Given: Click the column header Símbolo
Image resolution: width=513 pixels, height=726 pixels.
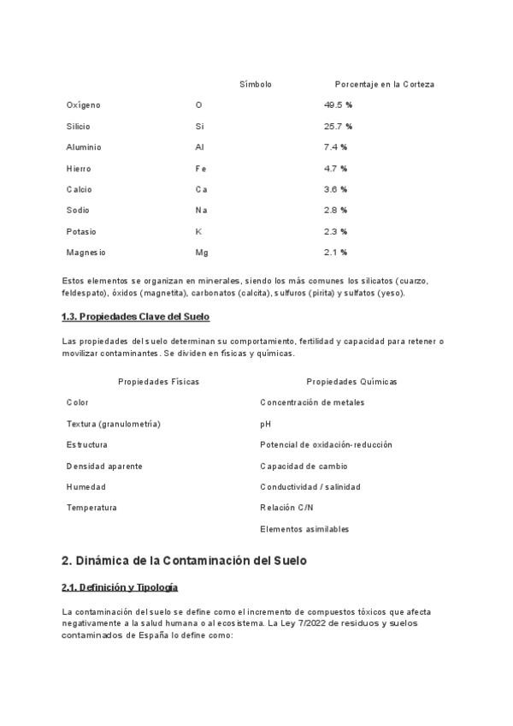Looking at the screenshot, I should pyautogui.click(x=256, y=85).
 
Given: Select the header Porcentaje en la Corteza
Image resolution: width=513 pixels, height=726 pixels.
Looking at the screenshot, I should pyautogui.click(x=384, y=85).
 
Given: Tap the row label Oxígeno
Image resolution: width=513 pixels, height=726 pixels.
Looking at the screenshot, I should pyautogui.click(x=83, y=105).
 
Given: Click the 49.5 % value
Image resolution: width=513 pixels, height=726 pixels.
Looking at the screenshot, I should pyautogui.click(x=338, y=105).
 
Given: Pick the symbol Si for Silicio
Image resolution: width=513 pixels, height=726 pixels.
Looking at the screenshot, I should pyautogui.click(x=199, y=126).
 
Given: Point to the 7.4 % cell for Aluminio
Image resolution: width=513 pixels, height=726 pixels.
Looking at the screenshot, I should pyautogui.click(x=335, y=147).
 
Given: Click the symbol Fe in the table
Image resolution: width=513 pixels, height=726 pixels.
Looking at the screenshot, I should pyautogui.click(x=200, y=169).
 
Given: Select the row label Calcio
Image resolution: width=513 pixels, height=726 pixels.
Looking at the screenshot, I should pyautogui.click(x=79, y=189).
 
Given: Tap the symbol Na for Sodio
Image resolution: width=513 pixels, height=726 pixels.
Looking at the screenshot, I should pyautogui.click(x=201, y=210).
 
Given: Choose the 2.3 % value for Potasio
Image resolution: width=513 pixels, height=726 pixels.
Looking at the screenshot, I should pyautogui.click(x=335, y=231).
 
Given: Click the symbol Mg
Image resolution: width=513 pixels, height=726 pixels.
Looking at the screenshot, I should pyautogui.click(x=201, y=253).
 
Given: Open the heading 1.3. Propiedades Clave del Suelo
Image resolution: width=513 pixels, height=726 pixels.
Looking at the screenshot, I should pyautogui.click(x=135, y=317).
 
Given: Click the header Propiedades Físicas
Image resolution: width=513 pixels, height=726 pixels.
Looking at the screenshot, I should pyautogui.click(x=158, y=382).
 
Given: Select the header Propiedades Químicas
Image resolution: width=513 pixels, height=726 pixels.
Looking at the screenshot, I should pyautogui.click(x=351, y=382).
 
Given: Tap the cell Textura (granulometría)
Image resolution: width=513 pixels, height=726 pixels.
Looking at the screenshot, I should pyautogui.click(x=113, y=424).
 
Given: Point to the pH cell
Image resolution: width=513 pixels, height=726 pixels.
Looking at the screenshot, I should pyautogui.click(x=265, y=424).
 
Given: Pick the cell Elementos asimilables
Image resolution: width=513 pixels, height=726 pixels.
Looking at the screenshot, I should pyautogui.click(x=304, y=529).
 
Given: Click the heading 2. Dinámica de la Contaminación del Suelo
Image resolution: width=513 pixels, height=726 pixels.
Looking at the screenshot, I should pyautogui.click(x=184, y=561).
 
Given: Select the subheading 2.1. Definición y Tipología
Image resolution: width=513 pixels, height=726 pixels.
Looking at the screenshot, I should pyautogui.click(x=120, y=587).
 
